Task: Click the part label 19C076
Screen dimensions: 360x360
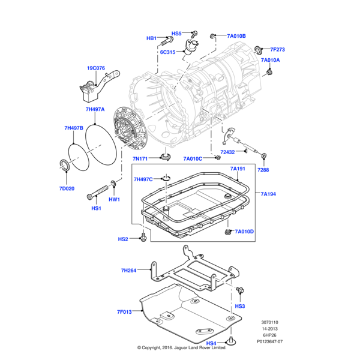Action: coord(96,68)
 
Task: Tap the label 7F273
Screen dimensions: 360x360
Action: coord(278,49)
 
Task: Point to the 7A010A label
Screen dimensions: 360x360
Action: coord(270,61)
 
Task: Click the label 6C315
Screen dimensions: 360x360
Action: coord(168,52)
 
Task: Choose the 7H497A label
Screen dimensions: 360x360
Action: coord(95,110)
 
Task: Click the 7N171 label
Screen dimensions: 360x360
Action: coord(140,158)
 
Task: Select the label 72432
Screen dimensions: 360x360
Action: coord(228,152)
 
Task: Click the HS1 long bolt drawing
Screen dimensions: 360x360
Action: coord(95,195)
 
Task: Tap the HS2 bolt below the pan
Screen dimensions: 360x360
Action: coord(143,239)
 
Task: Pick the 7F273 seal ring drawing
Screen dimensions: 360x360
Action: coord(258,49)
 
